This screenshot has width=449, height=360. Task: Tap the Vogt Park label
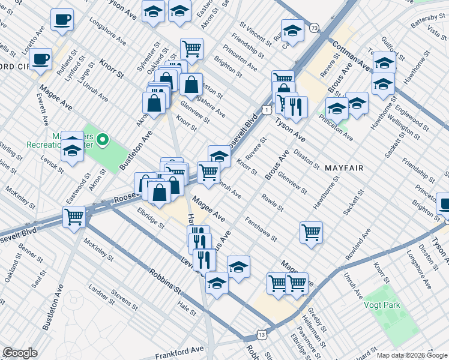coord(381,305)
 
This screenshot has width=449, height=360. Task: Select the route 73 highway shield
coord(315,28)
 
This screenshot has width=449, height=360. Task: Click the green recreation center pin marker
coord(103,141)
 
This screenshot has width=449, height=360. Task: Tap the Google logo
coord(20,353)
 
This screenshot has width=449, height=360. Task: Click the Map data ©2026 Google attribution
coord(411,355)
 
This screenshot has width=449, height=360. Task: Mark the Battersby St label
coord(426,23)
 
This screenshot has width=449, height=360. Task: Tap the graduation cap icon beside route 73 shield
coord(293,31)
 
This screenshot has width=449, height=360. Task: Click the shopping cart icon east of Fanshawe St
coord(311,232)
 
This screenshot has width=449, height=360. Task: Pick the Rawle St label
coord(272,202)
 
